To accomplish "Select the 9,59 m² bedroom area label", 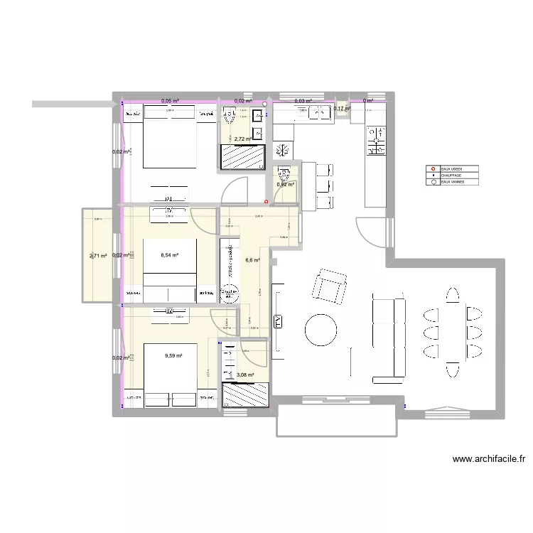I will (173, 356).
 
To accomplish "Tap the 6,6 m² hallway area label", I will (252, 260).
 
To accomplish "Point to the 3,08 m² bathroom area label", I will (246, 375).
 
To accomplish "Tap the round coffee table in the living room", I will (321, 328).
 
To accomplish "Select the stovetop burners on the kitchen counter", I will (375, 140).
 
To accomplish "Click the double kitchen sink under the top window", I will (312, 110).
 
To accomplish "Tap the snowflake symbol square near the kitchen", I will (282, 151).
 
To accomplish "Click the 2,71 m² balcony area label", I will (98, 256).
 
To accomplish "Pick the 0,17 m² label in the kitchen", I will (342, 109).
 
